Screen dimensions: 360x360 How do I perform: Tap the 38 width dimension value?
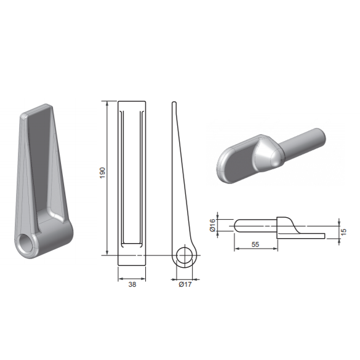(132, 284)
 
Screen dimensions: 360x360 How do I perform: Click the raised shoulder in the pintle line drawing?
(286, 223)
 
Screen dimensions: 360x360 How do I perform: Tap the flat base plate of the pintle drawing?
(308, 236)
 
